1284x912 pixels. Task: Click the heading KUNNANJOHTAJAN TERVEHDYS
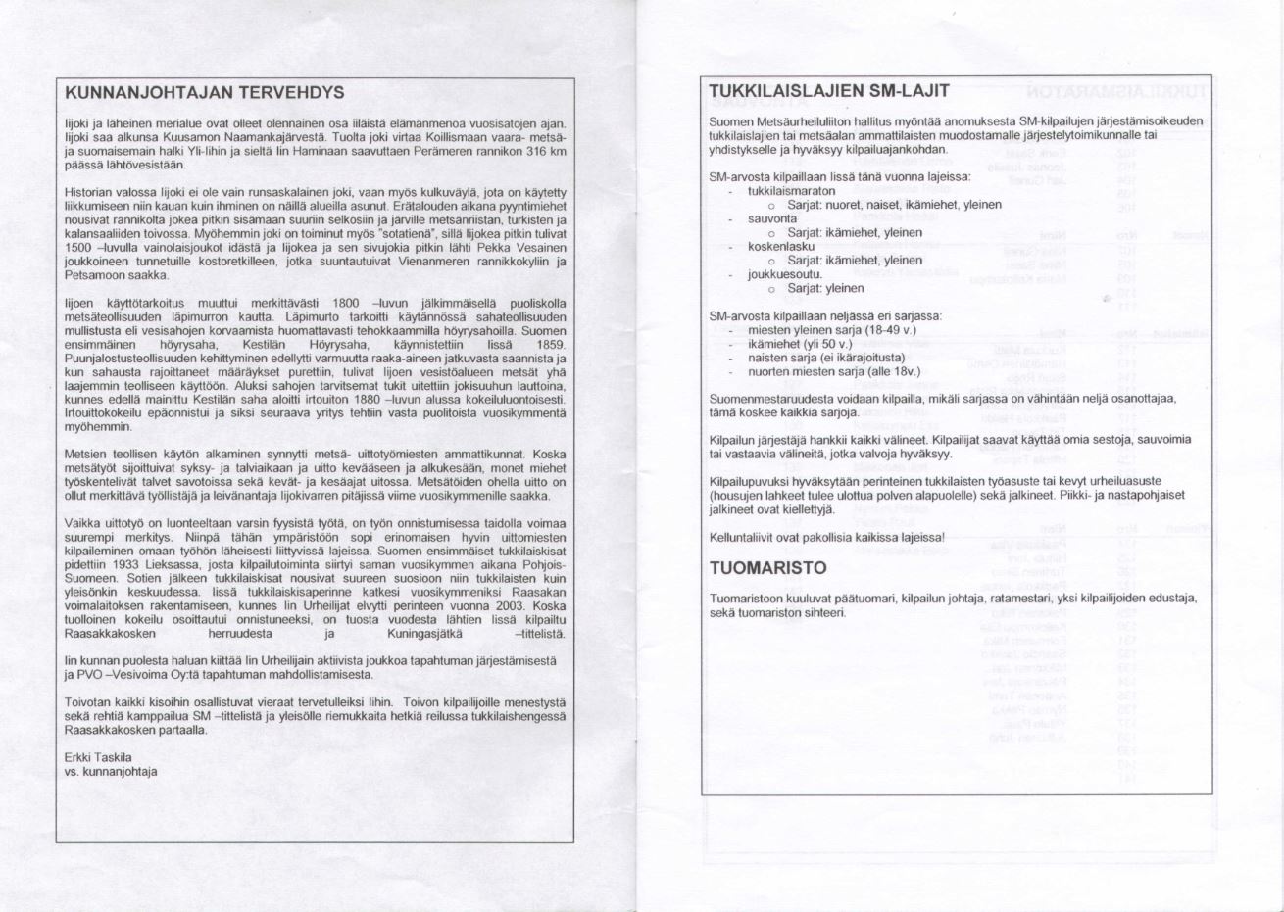coord(204,93)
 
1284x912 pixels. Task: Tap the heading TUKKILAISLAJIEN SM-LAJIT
coord(828,91)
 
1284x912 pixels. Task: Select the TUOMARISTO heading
coord(767,568)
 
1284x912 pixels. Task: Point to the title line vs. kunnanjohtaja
coord(111,772)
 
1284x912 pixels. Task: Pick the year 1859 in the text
coord(551,346)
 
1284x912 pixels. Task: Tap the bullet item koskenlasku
coord(781,247)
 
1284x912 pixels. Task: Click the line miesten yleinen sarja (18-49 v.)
coord(830,330)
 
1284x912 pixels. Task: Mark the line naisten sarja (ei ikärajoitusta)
coord(826,359)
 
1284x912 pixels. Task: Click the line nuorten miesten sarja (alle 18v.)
coord(834,372)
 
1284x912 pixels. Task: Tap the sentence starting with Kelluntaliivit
coord(827,538)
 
